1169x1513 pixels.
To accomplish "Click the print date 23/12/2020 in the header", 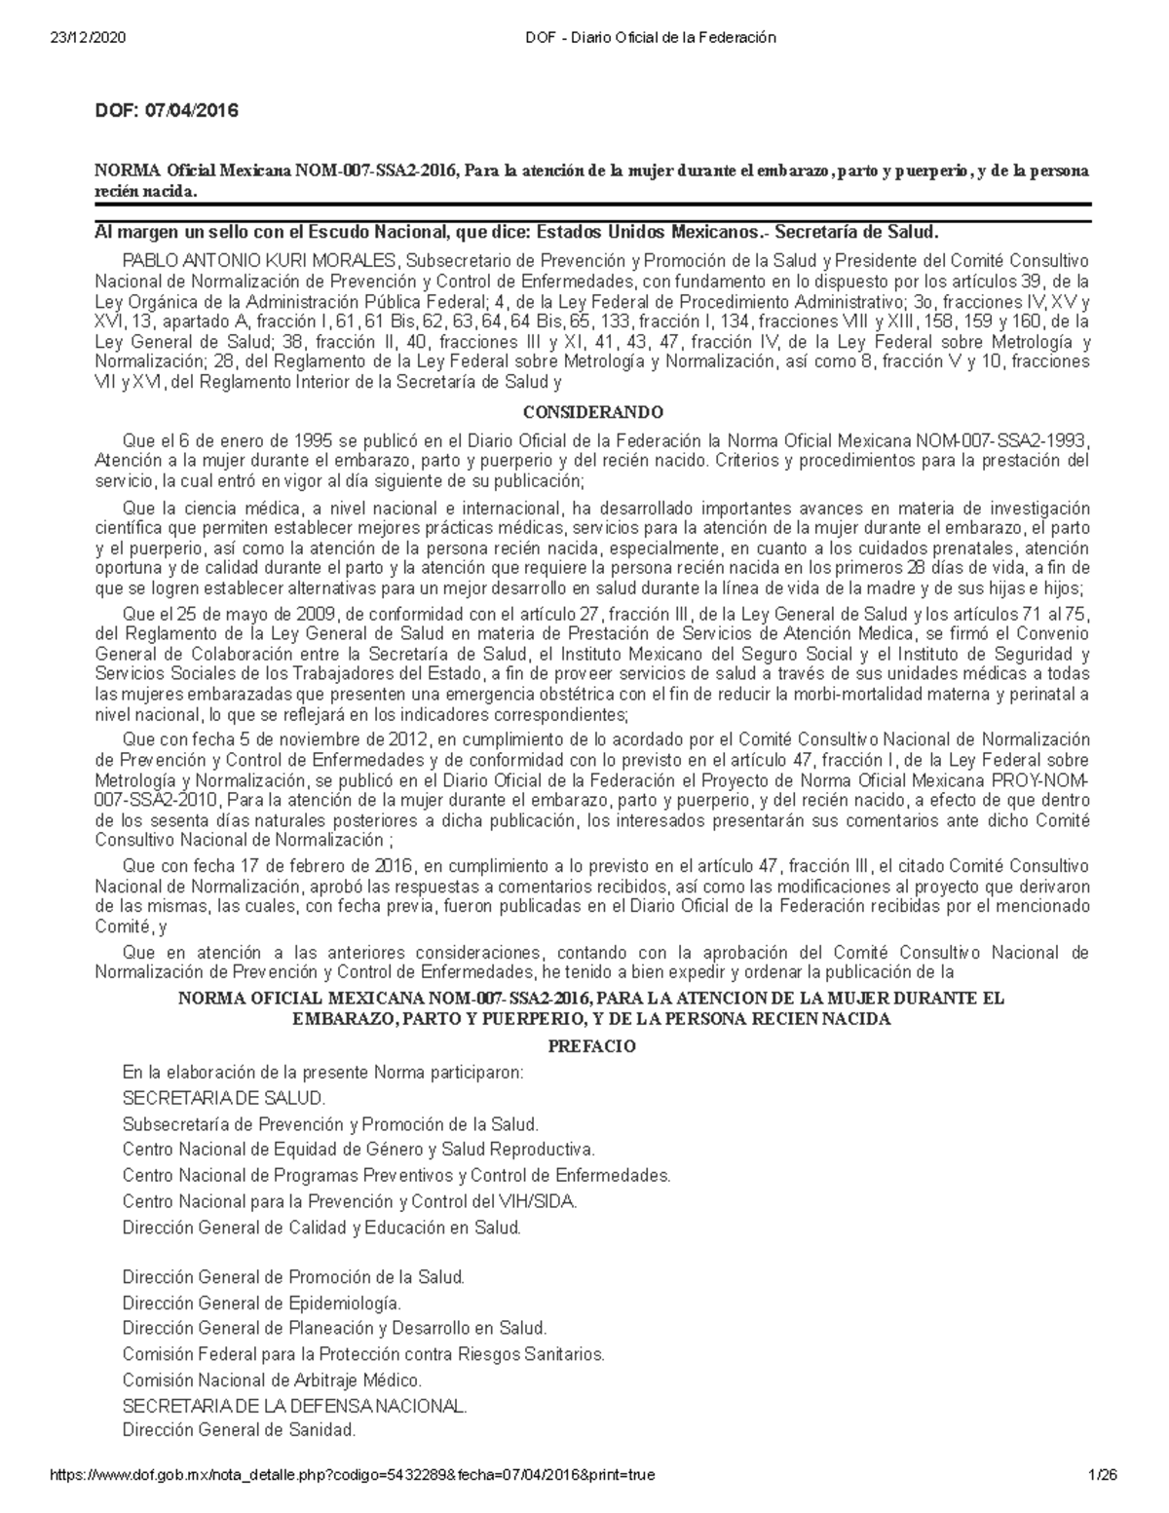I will coord(86,38).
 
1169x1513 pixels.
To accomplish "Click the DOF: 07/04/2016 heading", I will coord(166,111).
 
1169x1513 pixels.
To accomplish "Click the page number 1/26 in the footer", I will coord(1103,1475).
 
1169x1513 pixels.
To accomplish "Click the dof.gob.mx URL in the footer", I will coord(352,1475).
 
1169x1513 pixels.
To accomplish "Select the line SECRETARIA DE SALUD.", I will coord(224,1098).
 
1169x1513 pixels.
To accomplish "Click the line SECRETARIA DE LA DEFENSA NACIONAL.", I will coord(295,1406).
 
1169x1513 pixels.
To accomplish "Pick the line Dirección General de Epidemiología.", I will coord(261,1303).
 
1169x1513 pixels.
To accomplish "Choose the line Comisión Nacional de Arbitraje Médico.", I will coord(273,1380).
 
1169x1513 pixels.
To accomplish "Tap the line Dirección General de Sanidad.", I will coord(240,1431).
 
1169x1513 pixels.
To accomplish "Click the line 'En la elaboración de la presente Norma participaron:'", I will coord(323,1073).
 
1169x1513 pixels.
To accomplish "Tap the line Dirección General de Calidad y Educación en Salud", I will coord(322,1228).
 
